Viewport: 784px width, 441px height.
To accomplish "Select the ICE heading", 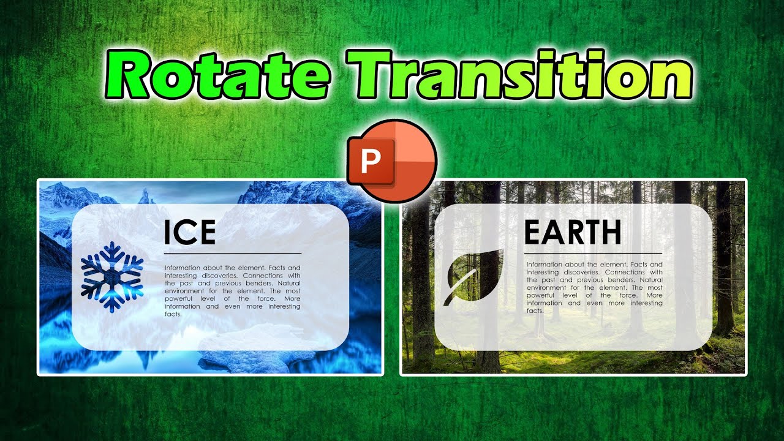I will (x=189, y=233).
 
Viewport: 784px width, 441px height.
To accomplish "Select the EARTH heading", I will (x=573, y=233).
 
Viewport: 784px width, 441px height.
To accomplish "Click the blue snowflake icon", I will (x=112, y=277).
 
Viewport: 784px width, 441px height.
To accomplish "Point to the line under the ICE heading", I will (x=233, y=253).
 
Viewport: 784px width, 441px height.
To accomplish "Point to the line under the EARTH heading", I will (x=593, y=253).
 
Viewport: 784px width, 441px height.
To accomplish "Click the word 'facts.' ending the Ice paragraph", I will (x=173, y=314).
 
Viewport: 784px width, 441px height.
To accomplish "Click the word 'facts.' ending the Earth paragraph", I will (x=535, y=311).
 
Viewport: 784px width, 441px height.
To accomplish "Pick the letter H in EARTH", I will (x=609, y=233).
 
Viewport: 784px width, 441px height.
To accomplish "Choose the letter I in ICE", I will (x=167, y=233).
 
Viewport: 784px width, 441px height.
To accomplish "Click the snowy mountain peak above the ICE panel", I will (x=146, y=195).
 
